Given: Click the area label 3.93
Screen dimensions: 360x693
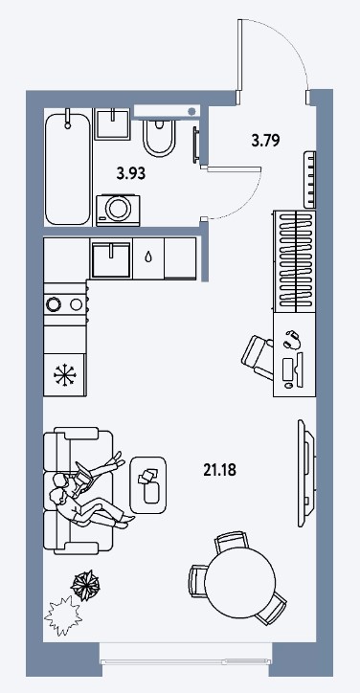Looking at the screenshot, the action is (131, 173).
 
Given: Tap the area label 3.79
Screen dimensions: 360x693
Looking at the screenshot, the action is (265, 141).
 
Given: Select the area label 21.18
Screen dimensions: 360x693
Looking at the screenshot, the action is (220, 470).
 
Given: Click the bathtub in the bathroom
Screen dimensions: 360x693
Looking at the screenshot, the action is (68, 168).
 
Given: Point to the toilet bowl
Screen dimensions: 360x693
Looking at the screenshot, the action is (159, 137).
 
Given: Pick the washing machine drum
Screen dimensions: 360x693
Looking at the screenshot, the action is (119, 209).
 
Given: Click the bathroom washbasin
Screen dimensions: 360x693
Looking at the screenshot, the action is (113, 124).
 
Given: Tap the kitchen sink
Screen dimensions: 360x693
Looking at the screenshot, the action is (110, 259).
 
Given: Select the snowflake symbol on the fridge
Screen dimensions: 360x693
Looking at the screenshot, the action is (64, 375).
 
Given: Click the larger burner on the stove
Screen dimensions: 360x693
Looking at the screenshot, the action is (53, 304).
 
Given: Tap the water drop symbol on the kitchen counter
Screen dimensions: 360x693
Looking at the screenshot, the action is (148, 257).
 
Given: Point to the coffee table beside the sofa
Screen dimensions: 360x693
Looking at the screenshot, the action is (148, 485).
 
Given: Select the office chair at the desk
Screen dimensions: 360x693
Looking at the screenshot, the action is (258, 357).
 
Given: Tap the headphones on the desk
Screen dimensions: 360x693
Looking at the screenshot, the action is (293, 340).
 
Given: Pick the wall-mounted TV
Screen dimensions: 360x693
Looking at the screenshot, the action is (305, 474).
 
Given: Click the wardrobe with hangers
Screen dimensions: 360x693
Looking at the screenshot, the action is (294, 261).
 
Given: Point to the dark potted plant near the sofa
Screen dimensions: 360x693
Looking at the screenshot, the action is (85, 586).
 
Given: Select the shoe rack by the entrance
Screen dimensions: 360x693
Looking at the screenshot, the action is (309, 179).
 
